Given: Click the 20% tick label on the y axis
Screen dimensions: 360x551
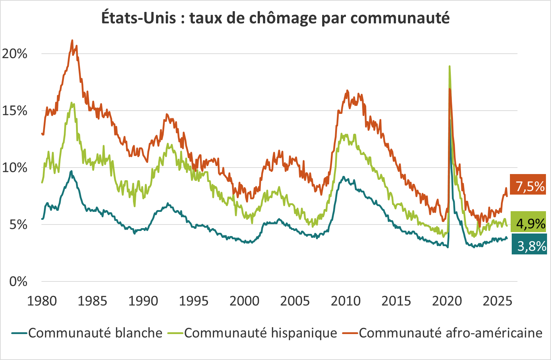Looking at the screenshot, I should click(x=15, y=54).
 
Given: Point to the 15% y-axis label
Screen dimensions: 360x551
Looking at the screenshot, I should click(x=15, y=111).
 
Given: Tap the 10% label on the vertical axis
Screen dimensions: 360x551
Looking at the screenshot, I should click(x=15, y=168).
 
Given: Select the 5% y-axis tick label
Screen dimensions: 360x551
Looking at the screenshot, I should click(x=18, y=225).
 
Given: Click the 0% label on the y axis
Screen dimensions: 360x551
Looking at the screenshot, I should click(x=18, y=281).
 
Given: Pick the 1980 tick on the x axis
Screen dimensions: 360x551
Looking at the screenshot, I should click(x=42, y=301).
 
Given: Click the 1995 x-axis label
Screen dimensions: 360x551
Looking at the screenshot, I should click(x=194, y=301).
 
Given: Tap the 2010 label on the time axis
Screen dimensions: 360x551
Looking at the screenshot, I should click(x=346, y=301).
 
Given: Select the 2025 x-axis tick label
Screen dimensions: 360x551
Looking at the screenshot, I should click(x=497, y=301).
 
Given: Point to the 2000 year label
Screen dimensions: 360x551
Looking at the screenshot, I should click(x=244, y=301).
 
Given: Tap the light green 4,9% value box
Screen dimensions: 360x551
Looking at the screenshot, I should click(x=530, y=223).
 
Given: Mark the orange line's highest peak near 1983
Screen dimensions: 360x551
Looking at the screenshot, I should click(x=72, y=40).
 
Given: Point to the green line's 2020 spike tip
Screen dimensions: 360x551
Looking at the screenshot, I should click(x=449, y=66).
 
